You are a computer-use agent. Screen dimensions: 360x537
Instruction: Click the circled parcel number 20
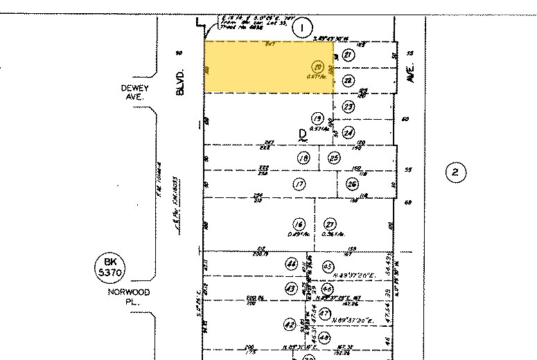pyautogui.click(x=318, y=68)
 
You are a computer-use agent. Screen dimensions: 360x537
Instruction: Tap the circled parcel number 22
pyautogui.click(x=349, y=81)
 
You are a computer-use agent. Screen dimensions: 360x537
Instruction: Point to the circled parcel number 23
pyautogui.click(x=349, y=106)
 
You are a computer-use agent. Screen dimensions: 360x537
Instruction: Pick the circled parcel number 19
pyautogui.click(x=318, y=117)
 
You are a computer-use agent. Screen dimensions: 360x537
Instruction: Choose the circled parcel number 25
pyautogui.click(x=334, y=158)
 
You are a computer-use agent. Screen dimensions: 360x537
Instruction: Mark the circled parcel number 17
pyautogui.click(x=299, y=184)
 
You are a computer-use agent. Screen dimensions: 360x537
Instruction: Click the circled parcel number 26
pyautogui.click(x=352, y=184)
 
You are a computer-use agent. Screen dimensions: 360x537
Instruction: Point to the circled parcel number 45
pyautogui.click(x=328, y=267)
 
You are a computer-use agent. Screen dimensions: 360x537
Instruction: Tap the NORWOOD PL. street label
pyautogui.click(x=128, y=297)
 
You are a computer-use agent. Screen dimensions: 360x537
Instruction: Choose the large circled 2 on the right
pyautogui.click(x=455, y=172)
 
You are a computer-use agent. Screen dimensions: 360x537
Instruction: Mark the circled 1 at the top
pyautogui.click(x=301, y=28)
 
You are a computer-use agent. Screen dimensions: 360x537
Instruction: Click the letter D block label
pyautogui.click(x=302, y=132)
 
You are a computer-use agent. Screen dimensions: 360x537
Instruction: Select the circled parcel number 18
pyautogui.click(x=303, y=159)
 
